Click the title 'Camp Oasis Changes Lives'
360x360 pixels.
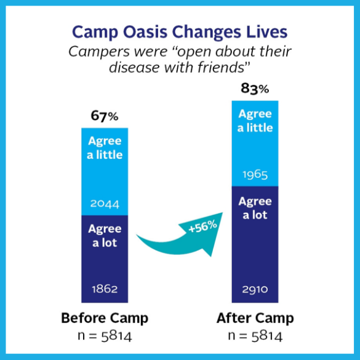click(x=180, y=31)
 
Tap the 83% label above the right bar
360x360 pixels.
click(x=255, y=89)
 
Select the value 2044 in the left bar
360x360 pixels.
click(x=105, y=204)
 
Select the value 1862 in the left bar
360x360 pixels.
click(x=105, y=289)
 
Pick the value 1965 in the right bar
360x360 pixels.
click(x=255, y=174)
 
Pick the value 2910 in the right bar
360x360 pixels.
click(x=255, y=289)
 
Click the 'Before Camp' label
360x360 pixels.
click(x=105, y=319)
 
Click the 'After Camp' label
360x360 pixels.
click(x=255, y=319)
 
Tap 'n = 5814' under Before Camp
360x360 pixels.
click(x=105, y=336)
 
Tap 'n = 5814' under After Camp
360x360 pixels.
click(x=255, y=336)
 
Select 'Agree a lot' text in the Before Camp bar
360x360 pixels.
click(x=105, y=235)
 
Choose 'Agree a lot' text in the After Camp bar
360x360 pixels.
click(x=255, y=208)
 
